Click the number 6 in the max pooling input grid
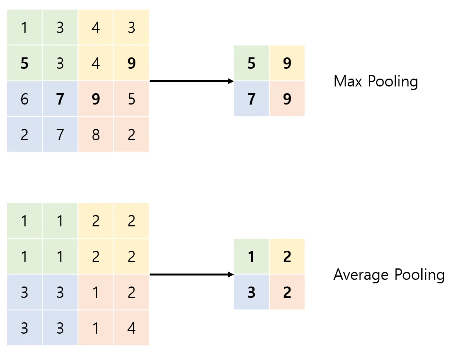click(x=25, y=99)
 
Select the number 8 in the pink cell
click(x=96, y=135)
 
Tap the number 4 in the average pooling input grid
click(x=132, y=328)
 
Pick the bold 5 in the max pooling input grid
click(x=25, y=63)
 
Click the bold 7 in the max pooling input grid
click(x=60, y=99)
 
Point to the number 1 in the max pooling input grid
click(x=25, y=28)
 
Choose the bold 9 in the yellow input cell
click(x=132, y=63)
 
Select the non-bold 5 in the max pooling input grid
click(x=132, y=99)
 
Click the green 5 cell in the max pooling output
click(x=251, y=63)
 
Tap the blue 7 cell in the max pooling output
click(x=251, y=99)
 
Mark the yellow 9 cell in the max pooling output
click(x=287, y=63)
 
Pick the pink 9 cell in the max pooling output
click(x=287, y=99)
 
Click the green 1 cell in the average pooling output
click(x=251, y=256)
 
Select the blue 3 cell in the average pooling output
click(x=251, y=292)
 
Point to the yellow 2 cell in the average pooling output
click(x=287, y=256)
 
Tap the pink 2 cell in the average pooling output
click(x=287, y=292)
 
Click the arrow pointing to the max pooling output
click(x=192, y=81)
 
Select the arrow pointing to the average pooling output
click(x=192, y=274)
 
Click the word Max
click(x=348, y=81)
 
